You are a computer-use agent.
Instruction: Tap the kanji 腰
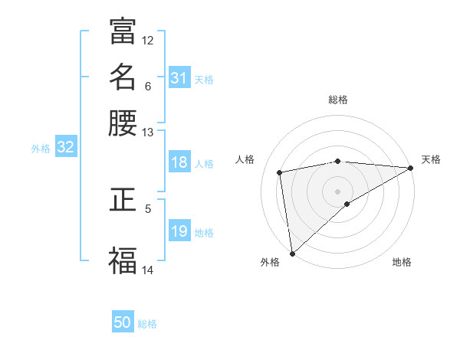point(123,123)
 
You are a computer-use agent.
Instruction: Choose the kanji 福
point(123,260)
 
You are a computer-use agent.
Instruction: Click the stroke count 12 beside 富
point(148,40)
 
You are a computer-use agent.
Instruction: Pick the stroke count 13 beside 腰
point(148,133)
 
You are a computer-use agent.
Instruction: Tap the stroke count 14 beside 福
point(148,270)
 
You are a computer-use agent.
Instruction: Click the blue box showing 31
point(179,78)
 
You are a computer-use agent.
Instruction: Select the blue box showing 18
point(179,162)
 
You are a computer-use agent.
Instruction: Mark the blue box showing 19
point(179,231)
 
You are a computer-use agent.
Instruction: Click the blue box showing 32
point(66,148)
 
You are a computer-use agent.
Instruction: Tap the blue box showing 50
point(123,322)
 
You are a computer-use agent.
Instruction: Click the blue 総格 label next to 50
point(147,324)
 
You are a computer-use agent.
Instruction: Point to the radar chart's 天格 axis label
point(431,159)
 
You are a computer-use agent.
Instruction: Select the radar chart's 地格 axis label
point(402,262)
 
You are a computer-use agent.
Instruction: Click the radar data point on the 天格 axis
point(411,168)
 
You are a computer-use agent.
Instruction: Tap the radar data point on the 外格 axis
point(292,253)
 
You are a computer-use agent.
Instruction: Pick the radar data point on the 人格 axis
point(281,172)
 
